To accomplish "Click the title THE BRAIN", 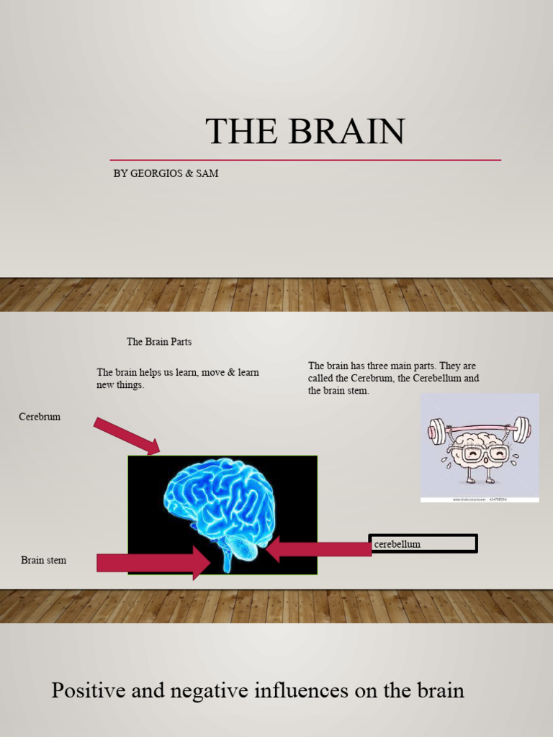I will pos(305,132).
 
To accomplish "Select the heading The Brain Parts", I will pos(159,342).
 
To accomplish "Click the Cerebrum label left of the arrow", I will pos(40,417).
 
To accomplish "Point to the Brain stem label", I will pos(43,560).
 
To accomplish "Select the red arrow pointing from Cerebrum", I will pos(126,436).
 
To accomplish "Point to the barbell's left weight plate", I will pos(436,432).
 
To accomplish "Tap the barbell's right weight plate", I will pos(522,430).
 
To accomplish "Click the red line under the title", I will pos(305,160).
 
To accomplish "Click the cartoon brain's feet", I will pos(480,479).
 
